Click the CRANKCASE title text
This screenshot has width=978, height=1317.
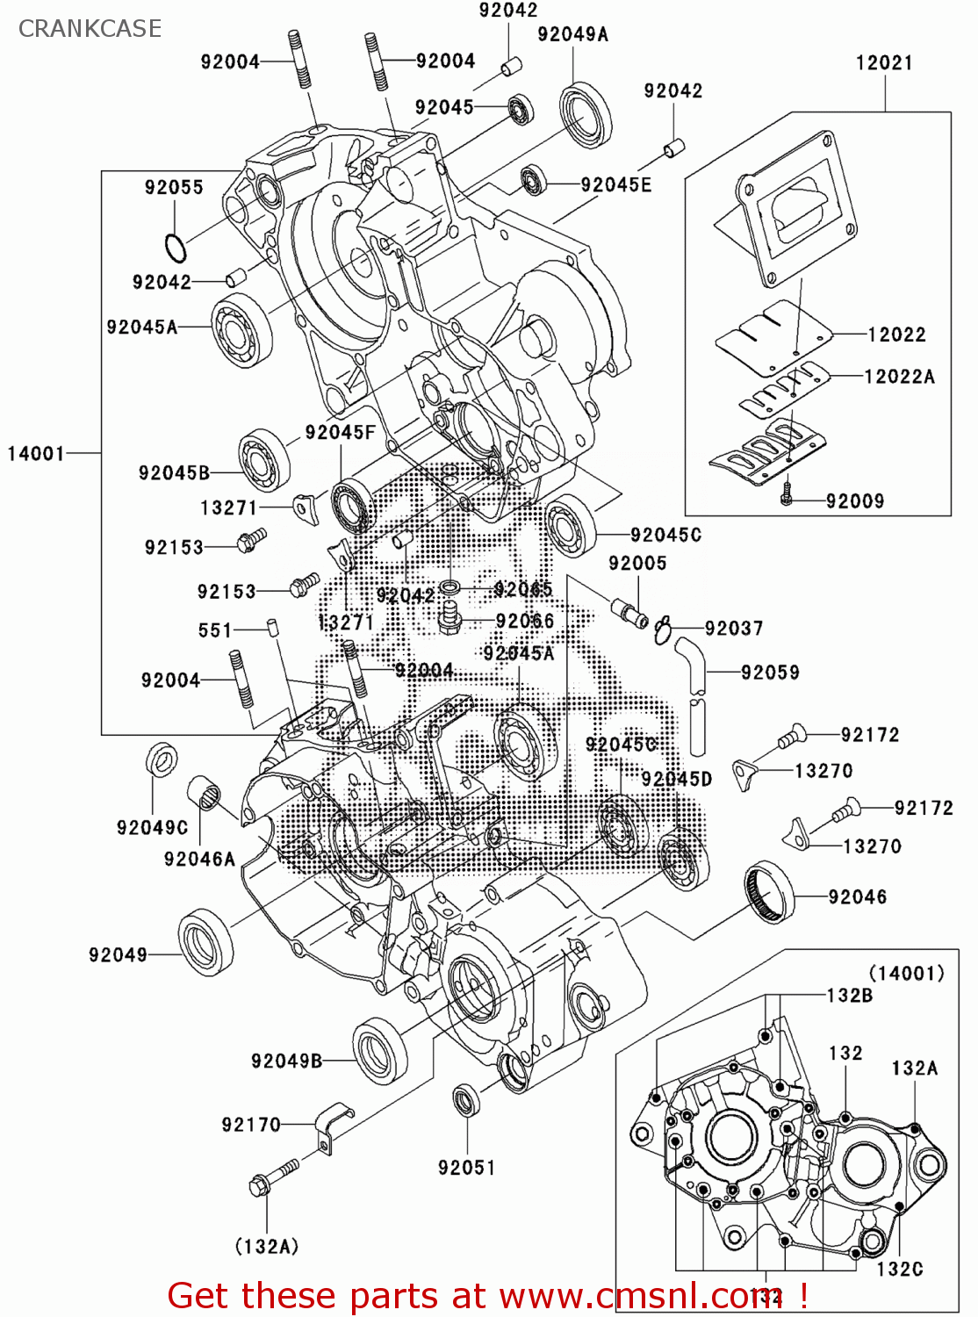(90, 28)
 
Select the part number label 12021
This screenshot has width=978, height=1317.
(884, 62)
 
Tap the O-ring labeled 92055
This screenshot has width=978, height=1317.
(176, 248)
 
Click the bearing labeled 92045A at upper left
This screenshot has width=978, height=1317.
(241, 331)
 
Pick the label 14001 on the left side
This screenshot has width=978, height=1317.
(36, 453)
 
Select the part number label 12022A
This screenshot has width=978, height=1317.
(899, 377)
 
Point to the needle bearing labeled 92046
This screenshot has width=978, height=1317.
(769, 893)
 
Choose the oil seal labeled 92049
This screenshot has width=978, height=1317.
(206, 943)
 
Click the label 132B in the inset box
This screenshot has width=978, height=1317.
(849, 995)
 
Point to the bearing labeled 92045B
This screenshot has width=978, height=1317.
(265, 460)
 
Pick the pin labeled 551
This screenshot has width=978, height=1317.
(272, 628)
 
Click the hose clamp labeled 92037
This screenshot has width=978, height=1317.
(664, 629)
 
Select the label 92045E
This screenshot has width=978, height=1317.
(615, 184)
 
